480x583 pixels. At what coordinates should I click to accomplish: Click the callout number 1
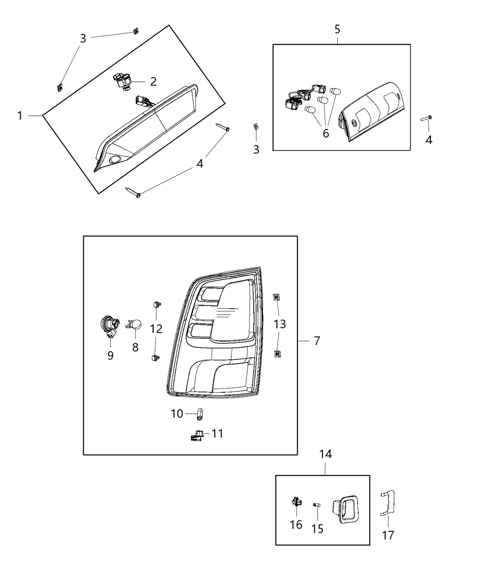[20, 116]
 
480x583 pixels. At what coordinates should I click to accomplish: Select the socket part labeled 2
[121, 81]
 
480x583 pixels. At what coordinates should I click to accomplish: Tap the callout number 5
[337, 30]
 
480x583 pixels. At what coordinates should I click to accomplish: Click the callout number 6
[325, 134]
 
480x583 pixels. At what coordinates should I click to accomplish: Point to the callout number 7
[317, 341]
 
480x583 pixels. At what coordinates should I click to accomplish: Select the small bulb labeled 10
[200, 414]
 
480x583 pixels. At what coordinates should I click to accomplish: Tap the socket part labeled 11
[196, 436]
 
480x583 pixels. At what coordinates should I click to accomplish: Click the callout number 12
[156, 329]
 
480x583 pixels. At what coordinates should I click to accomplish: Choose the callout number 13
[280, 324]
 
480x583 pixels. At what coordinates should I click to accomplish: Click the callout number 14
[325, 454]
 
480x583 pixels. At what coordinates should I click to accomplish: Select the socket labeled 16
[296, 503]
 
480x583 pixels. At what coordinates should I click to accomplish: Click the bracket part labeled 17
[388, 503]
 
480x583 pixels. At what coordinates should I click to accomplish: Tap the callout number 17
[388, 535]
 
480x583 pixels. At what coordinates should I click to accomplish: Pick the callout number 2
[153, 82]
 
